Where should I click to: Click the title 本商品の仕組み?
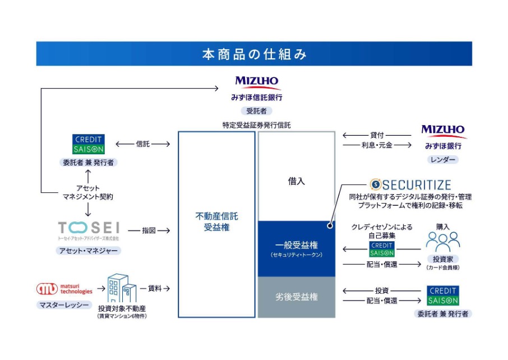tap(254, 54)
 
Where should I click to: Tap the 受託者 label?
tap(256, 110)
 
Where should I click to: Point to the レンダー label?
tap(442, 160)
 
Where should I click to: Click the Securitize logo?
tap(411, 184)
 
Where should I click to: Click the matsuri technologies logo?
tap(64, 289)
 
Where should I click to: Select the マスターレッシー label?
tap(64, 305)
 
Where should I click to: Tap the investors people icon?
tap(442, 241)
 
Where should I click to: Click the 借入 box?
tap(296, 181)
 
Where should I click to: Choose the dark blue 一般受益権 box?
tap(296, 248)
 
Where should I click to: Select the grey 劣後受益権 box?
tap(296, 297)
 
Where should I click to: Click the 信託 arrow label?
tap(143, 144)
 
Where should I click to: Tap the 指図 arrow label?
tap(149, 230)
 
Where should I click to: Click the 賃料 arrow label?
tap(155, 288)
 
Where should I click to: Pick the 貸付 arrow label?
tap(377, 135)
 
